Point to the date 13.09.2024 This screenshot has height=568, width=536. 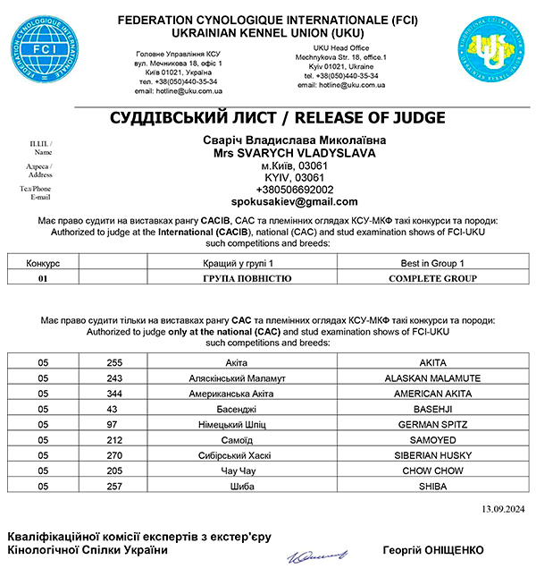[x=504, y=509]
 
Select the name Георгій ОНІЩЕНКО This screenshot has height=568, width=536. [x=431, y=547]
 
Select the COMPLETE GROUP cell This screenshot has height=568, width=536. [x=433, y=278]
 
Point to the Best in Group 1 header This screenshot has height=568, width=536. [x=433, y=265]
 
